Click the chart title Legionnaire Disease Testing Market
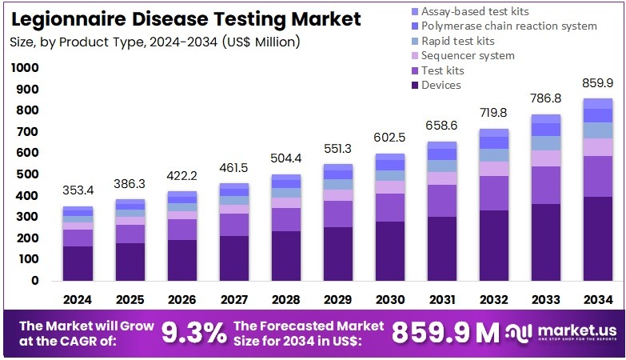tap(186, 18)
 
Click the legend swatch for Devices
tap(413, 85)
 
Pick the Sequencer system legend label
tap(468, 55)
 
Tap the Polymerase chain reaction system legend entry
tap(508, 26)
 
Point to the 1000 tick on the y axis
tap(26, 68)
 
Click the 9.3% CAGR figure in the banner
tap(193, 332)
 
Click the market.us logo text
tap(572, 330)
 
